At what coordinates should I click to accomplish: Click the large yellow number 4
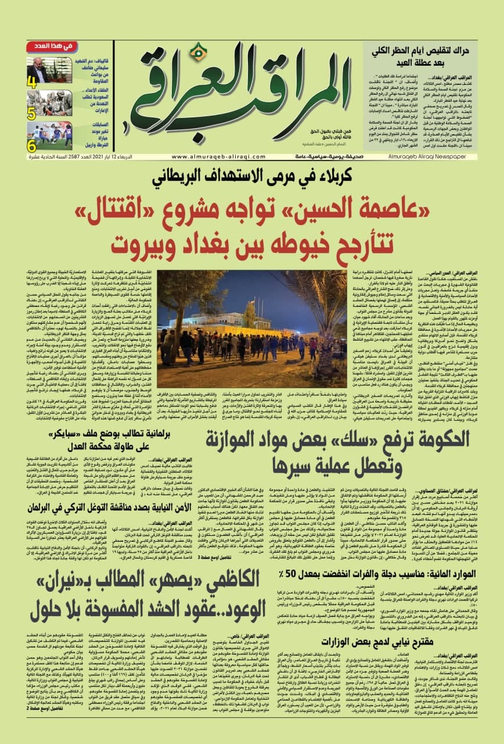tap(32, 82)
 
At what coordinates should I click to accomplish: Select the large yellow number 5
tap(32, 114)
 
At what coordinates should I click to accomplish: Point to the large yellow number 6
tap(32, 146)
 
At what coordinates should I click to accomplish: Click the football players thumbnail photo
tap(49, 135)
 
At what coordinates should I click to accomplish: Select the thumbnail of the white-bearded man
tap(49, 69)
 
